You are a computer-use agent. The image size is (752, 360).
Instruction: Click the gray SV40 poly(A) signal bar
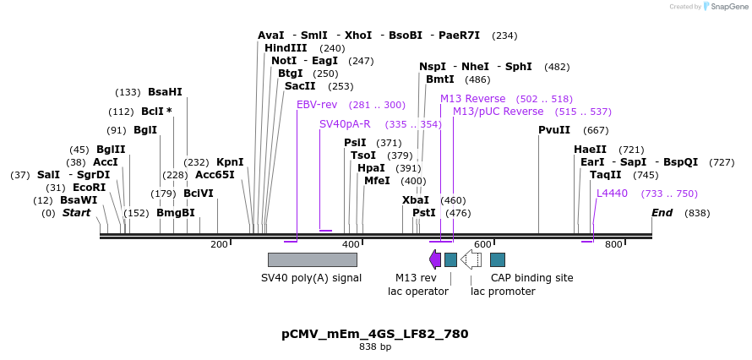pos(312,259)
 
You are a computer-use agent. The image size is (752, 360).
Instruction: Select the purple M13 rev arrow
pos(435,259)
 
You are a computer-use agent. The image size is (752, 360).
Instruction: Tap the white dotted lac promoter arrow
pos(471,259)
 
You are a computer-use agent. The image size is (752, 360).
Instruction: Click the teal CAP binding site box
pos(498,259)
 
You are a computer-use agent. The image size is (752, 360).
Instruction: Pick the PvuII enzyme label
pos(554,130)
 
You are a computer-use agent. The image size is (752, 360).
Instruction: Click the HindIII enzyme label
pos(286,48)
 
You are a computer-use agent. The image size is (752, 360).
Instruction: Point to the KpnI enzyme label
pos(230,162)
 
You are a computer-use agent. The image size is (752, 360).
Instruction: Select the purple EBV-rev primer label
pos(317,105)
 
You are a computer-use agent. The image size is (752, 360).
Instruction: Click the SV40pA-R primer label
pos(345,124)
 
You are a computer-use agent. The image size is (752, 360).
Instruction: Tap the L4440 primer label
pos(612,194)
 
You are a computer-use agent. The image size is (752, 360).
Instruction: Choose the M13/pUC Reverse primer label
pos(498,112)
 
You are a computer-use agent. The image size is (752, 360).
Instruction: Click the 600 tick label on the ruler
pos(482,244)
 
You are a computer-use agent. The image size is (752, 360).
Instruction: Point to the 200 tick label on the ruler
pos(219,244)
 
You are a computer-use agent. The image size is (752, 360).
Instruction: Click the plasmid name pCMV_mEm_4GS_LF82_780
pos(375,334)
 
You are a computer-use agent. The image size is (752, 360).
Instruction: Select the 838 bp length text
pos(375,346)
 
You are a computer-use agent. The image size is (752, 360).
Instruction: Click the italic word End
pos(662,213)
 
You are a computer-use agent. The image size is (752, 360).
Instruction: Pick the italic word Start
pos(76,213)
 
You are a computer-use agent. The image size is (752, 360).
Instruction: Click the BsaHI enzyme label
pos(165,92)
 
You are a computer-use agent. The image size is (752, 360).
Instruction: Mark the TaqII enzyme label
pos(606,175)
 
